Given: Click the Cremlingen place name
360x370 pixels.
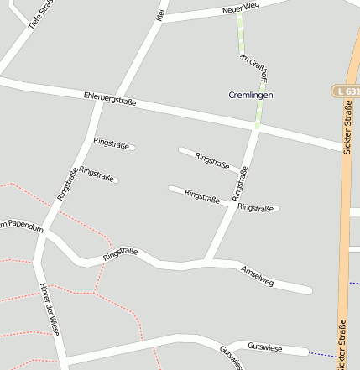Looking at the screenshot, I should pyautogui.click(x=250, y=95).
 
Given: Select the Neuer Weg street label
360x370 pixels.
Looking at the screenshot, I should pyautogui.click(x=241, y=8).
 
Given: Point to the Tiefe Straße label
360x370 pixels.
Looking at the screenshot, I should pyautogui.click(x=40, y=14).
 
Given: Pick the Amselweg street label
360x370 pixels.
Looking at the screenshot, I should pyautogui.click(x=257, y=276).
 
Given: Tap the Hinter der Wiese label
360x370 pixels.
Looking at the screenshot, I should pyautogui.click(x=50, y=309).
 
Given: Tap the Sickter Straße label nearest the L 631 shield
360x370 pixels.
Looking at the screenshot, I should pyautogui.click(x=347, y=127).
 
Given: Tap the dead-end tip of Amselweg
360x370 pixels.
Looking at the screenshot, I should pyautogui.click(x=309, y=290).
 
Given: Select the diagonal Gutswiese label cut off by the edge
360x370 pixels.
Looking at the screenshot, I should pyautogui.click(x=230, y=358).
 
